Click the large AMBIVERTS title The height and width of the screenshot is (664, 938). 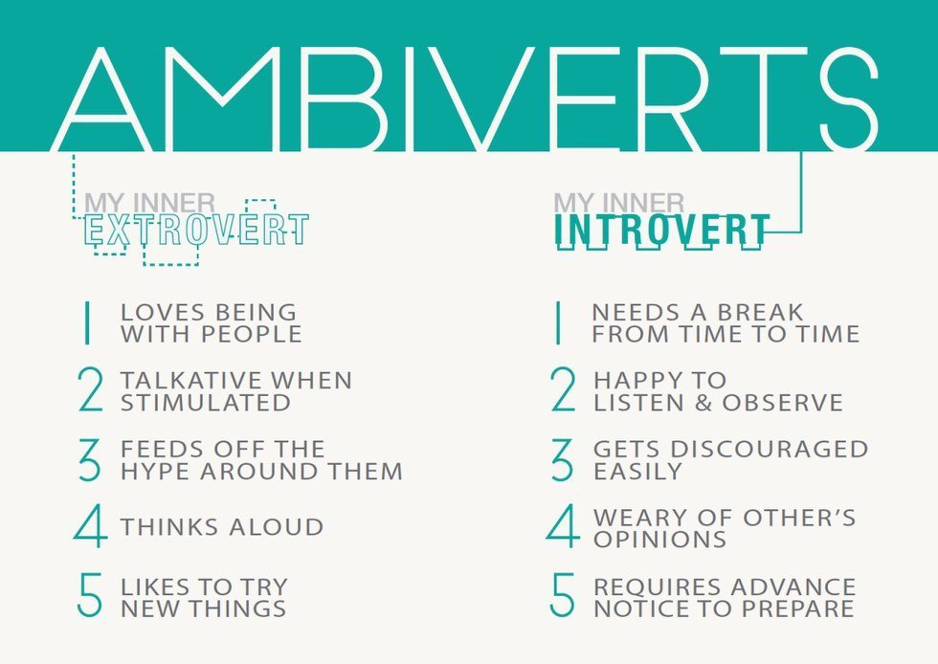[465, 100]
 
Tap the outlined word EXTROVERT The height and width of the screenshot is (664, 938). [196, 230]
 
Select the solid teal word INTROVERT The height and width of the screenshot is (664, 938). [661, 231]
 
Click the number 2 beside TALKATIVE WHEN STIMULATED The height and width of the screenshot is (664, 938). [90, 389]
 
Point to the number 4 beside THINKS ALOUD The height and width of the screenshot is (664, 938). [90, 526]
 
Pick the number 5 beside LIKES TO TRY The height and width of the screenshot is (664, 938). [90, 595]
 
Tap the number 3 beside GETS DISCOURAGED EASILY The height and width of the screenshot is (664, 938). [562, 459]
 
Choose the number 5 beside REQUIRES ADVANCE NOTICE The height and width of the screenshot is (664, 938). [562, 595]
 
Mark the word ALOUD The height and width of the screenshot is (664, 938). [277, 527]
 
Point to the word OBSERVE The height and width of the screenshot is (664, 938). [783, 403]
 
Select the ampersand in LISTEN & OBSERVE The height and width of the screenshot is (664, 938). [703, 403]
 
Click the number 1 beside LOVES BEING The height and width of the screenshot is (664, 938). [87, 323]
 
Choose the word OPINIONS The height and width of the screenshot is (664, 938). [659, 540]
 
